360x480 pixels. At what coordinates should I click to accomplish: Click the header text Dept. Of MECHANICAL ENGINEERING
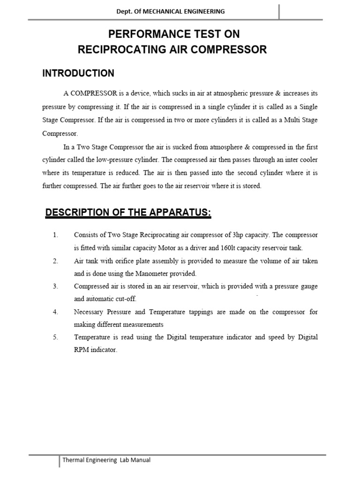click(x=171, y=11)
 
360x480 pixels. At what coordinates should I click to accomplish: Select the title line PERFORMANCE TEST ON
click(x=174, y=35)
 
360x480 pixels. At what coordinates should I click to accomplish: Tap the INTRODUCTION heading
click(x=78, y=73)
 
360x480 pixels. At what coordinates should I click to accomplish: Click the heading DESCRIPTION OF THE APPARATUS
click(x=128, y=213)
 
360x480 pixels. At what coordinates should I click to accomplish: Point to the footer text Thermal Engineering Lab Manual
click(x=107, y=460)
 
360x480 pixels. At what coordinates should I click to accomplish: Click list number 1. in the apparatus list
click(x=55, y=234)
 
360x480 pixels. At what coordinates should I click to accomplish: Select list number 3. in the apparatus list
click(x=55, y=286)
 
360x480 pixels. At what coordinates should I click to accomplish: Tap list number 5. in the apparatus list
click(x=55, y=337)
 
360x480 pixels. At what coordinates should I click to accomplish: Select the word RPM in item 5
click(x=82, y=350)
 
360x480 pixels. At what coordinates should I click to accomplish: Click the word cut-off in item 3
click(x=128, y=299)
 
